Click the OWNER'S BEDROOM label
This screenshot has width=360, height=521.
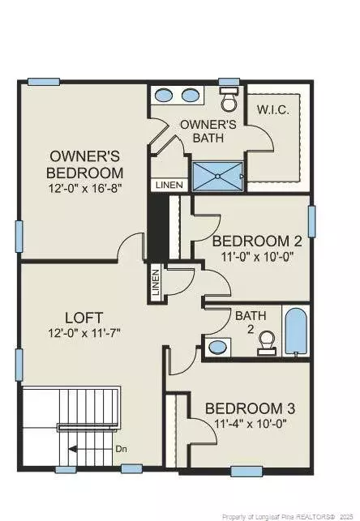click(x=86, y=164)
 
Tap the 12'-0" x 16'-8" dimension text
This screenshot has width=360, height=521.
click(x=86, y=189)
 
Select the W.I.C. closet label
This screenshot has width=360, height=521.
click(x=273, y=109)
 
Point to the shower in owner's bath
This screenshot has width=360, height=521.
click(x=217, y=175)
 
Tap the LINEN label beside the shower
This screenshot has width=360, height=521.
click(x=169, y=186)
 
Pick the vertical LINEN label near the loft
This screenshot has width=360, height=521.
click(x=155, y=283)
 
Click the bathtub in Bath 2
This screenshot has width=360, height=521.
click(x=297, y=331)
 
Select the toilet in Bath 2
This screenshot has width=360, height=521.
click(x=264, y=347)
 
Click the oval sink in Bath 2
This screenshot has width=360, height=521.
click(x=217, y=348)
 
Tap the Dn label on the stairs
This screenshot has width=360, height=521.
click(x=121, y=447)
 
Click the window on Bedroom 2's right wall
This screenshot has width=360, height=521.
click(x=311, y=221)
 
